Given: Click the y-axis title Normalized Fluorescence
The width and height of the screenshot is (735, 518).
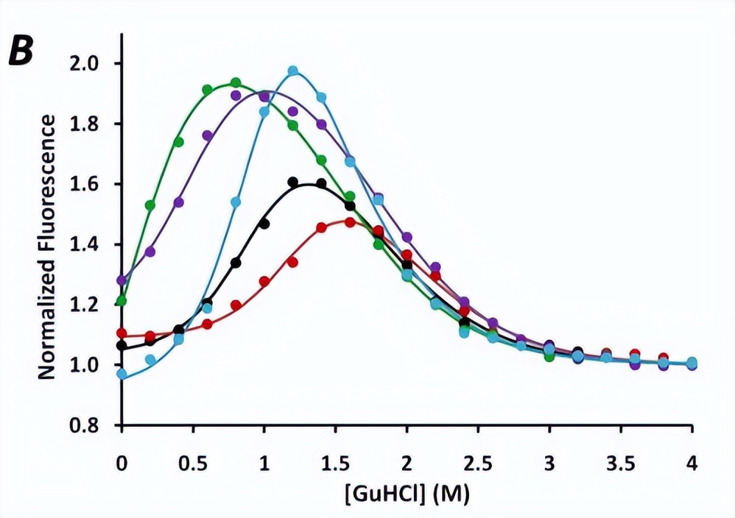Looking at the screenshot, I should pos(46,246).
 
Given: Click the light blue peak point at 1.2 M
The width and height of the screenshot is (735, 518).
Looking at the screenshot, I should pos(293,71).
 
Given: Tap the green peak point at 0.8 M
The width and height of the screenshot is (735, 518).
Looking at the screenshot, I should pos(236,82).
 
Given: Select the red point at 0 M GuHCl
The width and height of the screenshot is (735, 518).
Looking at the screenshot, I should pos(122,333).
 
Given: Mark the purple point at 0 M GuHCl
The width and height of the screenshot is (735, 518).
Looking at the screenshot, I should pos(122,280).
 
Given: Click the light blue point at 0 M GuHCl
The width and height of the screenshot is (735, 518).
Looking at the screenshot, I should pos(122,374).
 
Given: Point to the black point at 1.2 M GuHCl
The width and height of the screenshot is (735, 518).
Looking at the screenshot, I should pos(293,182).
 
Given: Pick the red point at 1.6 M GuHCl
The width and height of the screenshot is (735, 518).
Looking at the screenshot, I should pos(350,221).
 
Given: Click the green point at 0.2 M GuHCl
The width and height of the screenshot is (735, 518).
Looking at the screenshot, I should pos(151,205).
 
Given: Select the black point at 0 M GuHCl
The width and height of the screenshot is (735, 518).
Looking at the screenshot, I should pos(122,345).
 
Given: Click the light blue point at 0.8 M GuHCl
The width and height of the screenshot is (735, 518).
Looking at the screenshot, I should pos(236,202).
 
